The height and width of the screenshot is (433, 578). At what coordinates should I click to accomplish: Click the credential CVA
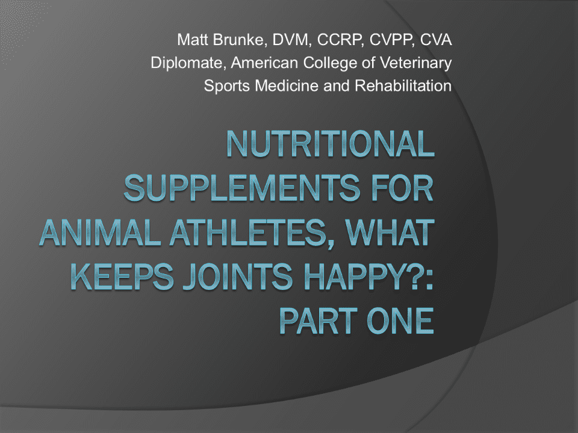pyautogui.click(x=436, y=40)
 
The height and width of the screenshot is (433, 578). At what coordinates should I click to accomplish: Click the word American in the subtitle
pyautogui.click(x=264, y=63)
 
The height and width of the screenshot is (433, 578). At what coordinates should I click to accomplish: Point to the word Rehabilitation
pyautogui.click(x=403, y=86)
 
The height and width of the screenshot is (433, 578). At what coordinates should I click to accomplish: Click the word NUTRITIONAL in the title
pyautogui.click(x=331, y=144)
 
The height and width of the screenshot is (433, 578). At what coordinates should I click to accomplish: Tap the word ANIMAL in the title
pyautogui.click(x=100, y=233)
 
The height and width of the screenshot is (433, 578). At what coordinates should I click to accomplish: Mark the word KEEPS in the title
pyautogui.click(x=122, y=277)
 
